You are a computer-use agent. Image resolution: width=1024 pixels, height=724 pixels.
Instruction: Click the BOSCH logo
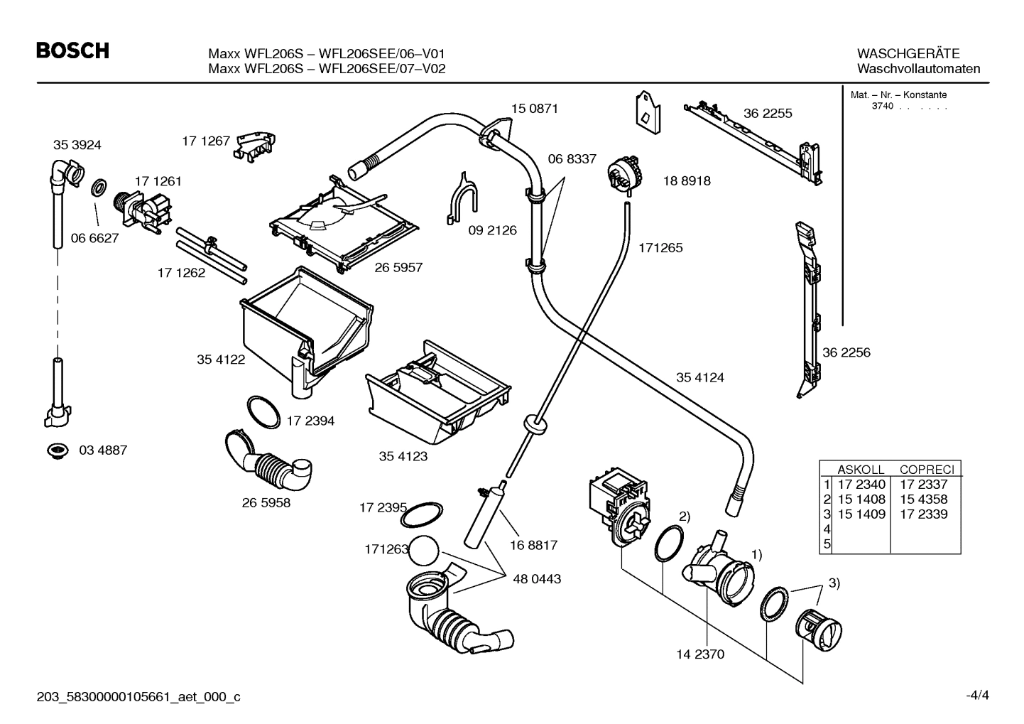73,51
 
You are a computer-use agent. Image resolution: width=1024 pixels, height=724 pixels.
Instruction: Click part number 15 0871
534,109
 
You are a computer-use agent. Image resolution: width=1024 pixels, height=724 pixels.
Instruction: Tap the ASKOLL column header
861,470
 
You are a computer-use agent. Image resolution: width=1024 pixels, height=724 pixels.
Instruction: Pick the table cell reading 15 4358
923,499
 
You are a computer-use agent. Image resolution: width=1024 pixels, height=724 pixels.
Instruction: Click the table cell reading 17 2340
861,485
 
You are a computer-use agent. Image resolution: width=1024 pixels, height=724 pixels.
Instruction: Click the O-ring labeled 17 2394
263,413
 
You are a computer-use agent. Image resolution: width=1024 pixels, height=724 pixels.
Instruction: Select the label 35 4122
221,360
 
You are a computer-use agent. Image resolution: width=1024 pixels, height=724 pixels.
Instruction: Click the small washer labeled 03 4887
56,450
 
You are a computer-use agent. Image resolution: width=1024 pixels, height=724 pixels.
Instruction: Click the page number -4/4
976,696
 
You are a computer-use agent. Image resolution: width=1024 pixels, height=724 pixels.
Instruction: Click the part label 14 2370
700,654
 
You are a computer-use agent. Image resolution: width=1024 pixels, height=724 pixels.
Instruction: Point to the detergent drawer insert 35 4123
437,394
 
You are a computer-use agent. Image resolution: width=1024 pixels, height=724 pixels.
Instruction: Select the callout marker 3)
834,583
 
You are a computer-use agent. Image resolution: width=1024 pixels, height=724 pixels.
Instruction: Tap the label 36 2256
846,352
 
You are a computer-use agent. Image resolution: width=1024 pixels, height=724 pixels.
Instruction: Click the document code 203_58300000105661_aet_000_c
138,697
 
